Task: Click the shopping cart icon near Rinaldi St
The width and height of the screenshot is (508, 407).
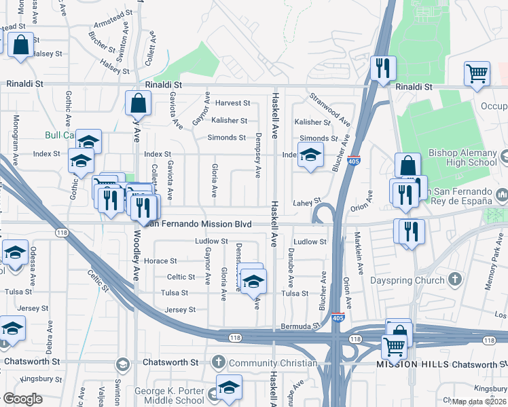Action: pos(477,74)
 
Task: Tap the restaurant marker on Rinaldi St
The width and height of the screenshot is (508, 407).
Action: pos(382,69)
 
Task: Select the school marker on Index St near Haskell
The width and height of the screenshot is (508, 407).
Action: pos(310,157)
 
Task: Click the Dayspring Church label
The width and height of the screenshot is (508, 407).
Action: pos(408,279)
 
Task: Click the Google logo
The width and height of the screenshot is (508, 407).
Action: pos(22,399)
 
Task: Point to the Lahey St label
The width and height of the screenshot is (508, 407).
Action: pos(306,202)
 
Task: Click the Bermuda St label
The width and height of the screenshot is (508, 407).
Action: pos(300,326)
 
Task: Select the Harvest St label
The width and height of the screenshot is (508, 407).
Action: pos(233,103)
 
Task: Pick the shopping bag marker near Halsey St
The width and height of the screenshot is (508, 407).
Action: pos(21,46)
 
